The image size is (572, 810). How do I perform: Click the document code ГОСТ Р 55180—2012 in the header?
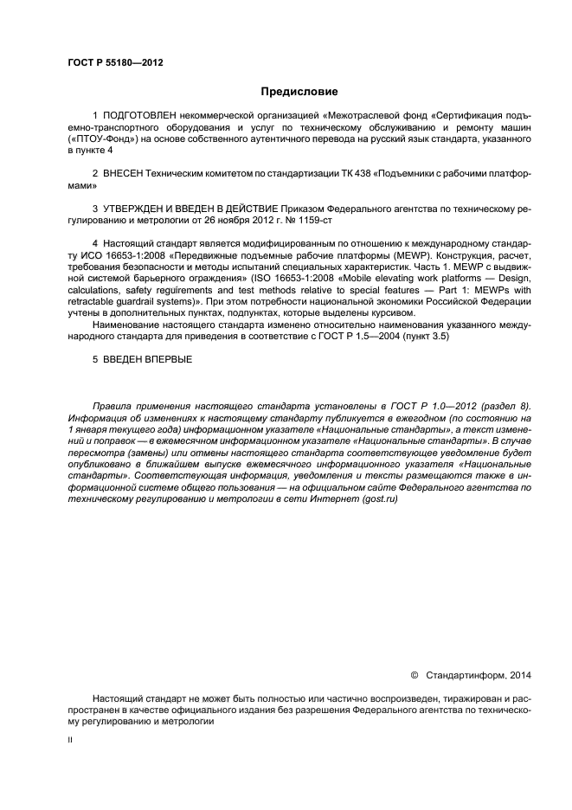(114, 63)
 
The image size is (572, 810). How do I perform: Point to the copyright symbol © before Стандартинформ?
(414, 674)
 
